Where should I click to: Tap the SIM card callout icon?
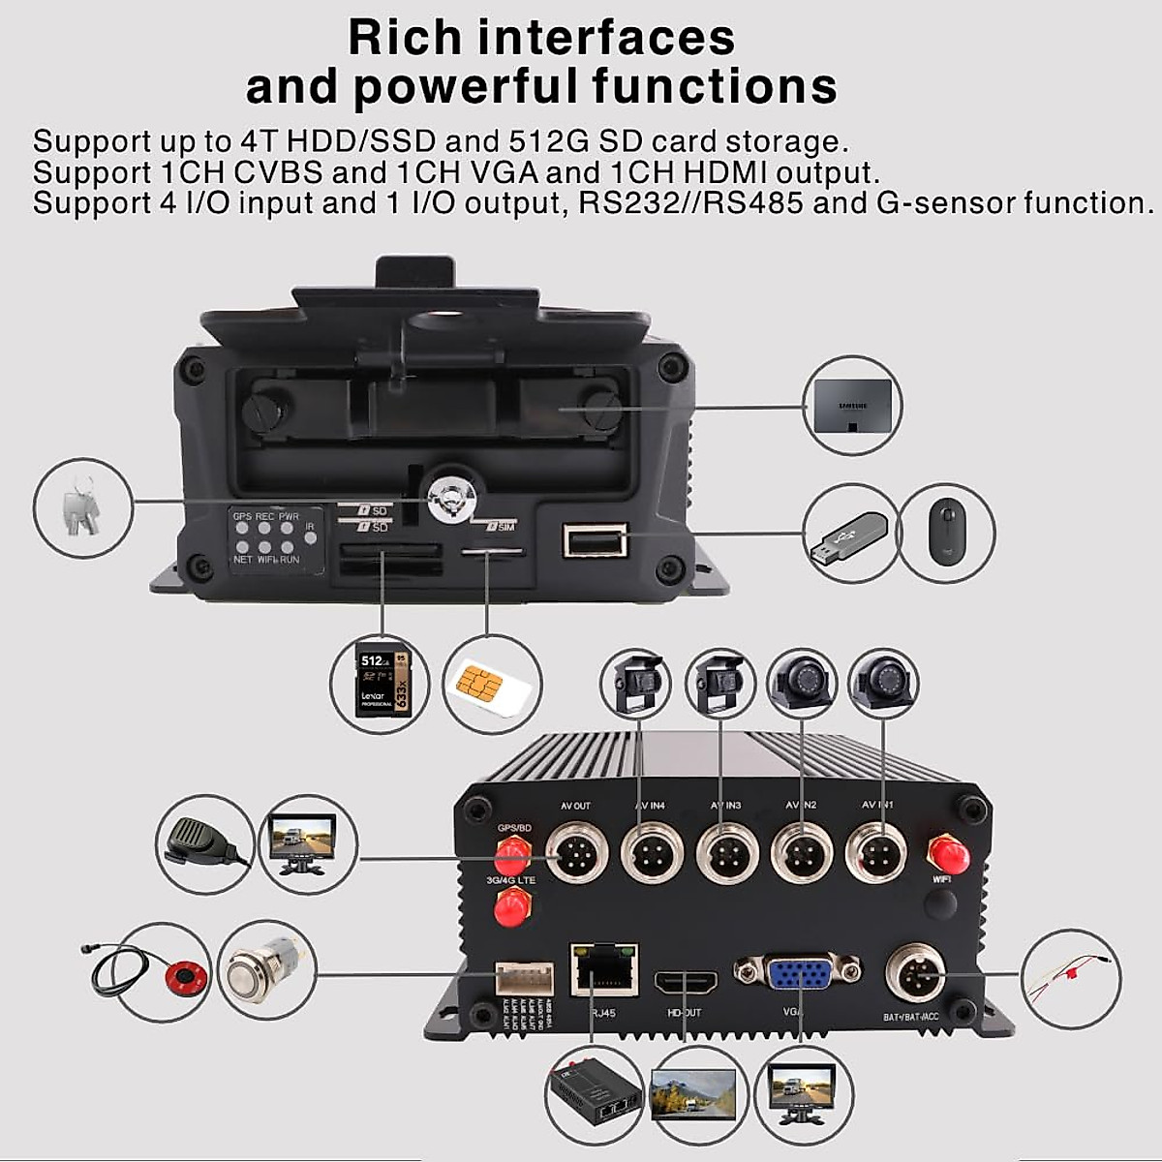coord(490,683)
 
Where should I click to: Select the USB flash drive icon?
coord(846,535)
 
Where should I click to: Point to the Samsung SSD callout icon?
coord(853,405)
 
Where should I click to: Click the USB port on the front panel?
coord(596,538)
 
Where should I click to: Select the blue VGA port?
coord(797,972)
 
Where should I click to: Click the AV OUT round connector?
coord(574,853)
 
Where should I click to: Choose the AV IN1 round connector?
coord(874,853)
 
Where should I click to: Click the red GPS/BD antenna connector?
coord(511,854)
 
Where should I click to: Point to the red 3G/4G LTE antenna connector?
coord(511,909)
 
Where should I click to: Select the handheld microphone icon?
coord(203,840)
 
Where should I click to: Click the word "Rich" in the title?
coord(405,37)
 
